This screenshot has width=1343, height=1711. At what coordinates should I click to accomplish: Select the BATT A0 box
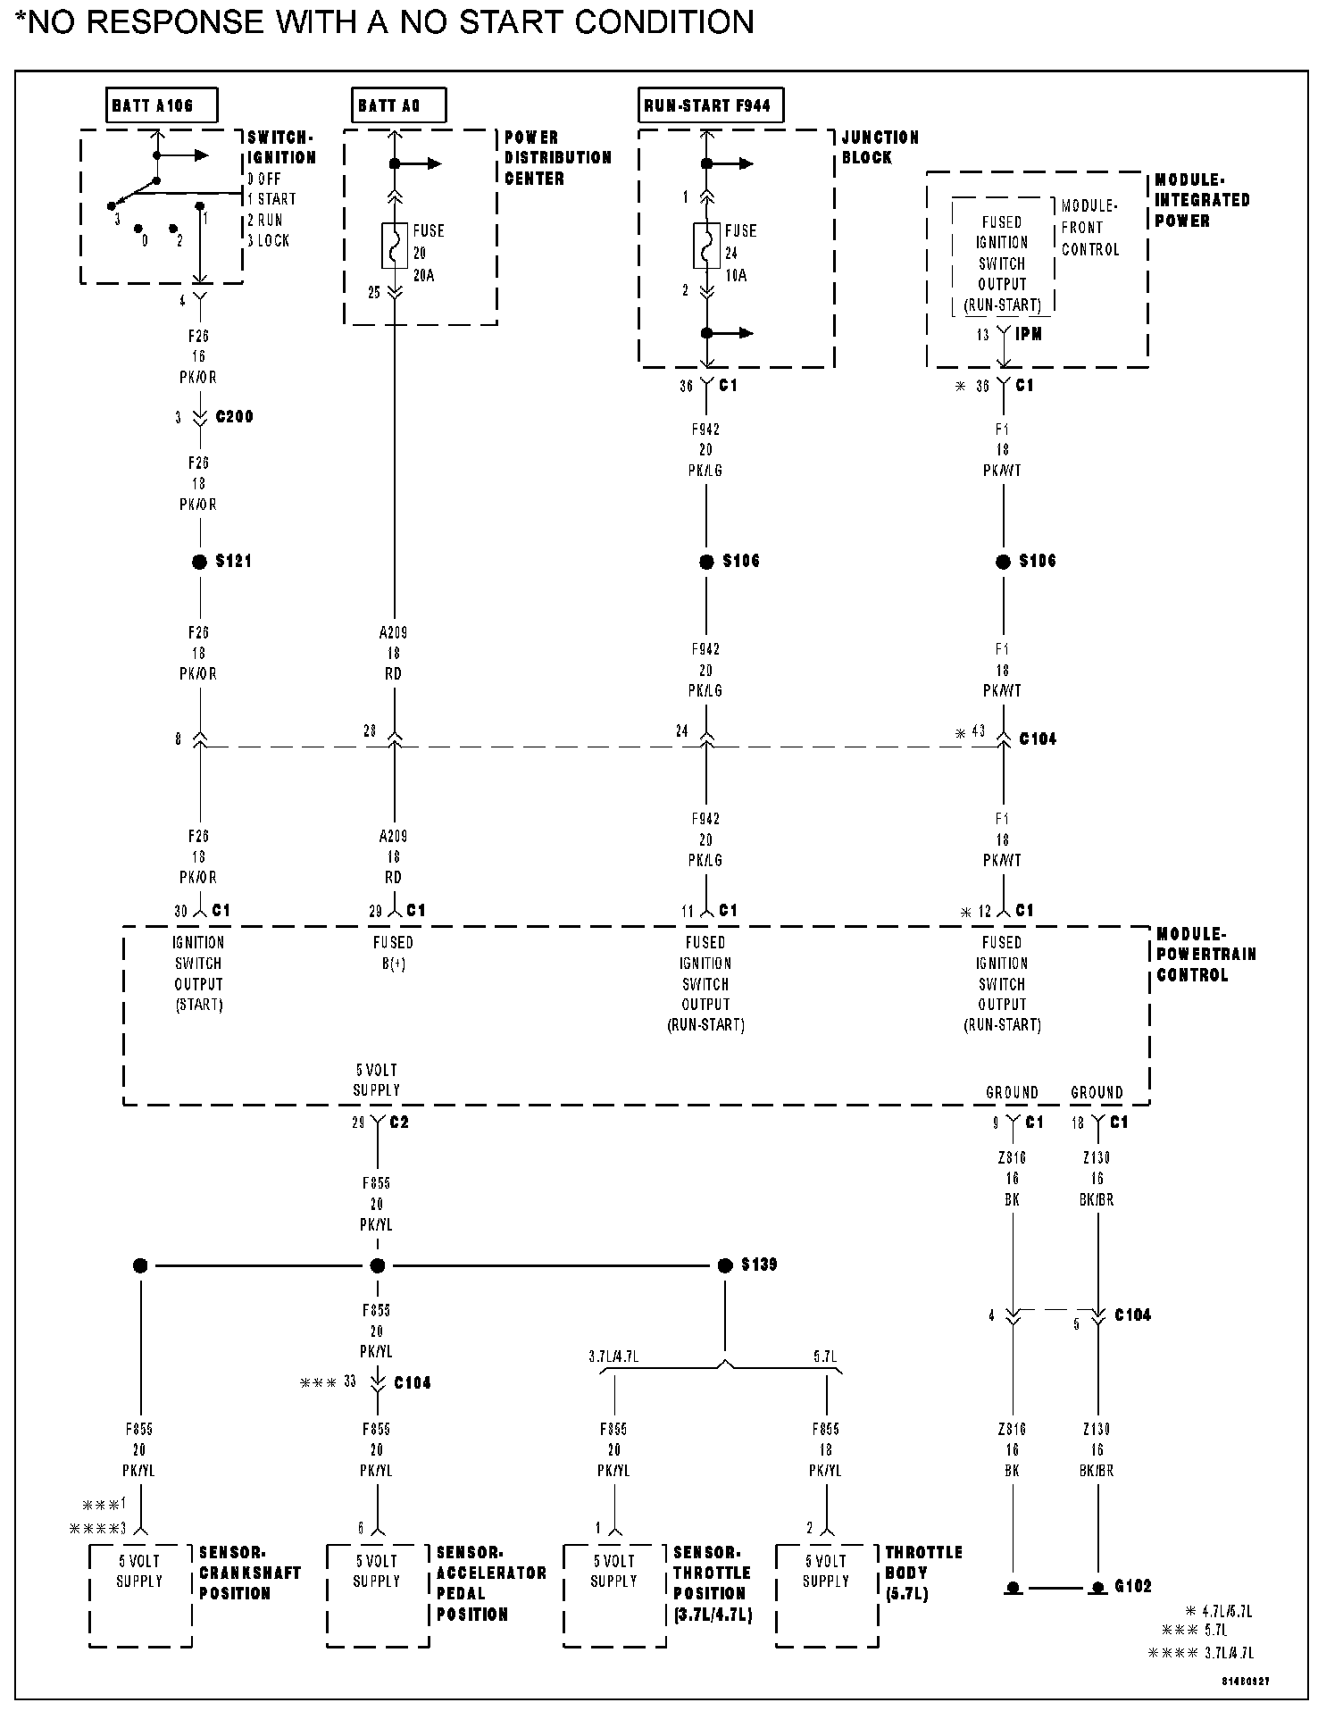(x=397, y=105)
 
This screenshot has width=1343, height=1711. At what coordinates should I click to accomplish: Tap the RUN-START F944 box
(x=711, y=105)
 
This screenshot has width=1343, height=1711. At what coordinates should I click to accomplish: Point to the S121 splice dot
(x=199, y=562)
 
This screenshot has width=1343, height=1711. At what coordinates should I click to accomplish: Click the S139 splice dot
(x=725, y=1265)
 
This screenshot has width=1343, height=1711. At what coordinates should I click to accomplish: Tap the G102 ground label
(x=1133, y=1586)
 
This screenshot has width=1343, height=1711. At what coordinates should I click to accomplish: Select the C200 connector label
(x=234, y=417)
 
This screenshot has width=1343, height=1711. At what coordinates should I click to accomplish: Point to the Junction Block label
(x=880, y=147)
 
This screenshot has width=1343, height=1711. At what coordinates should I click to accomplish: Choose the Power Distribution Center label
(x=558, y=157)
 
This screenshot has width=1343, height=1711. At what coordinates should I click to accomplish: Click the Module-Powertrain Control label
(x=1205, y=954)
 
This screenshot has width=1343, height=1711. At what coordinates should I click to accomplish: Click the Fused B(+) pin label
(x=393, y=953)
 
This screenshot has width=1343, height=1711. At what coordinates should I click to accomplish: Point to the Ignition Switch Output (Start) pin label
(x=198, y=973)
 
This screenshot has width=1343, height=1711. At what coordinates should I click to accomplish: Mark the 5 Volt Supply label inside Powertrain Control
(x=376, y=1080)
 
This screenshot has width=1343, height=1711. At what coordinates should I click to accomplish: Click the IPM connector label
(x=1029, y=334)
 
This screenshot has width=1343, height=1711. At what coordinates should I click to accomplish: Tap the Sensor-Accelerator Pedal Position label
(x=490, y=1582)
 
